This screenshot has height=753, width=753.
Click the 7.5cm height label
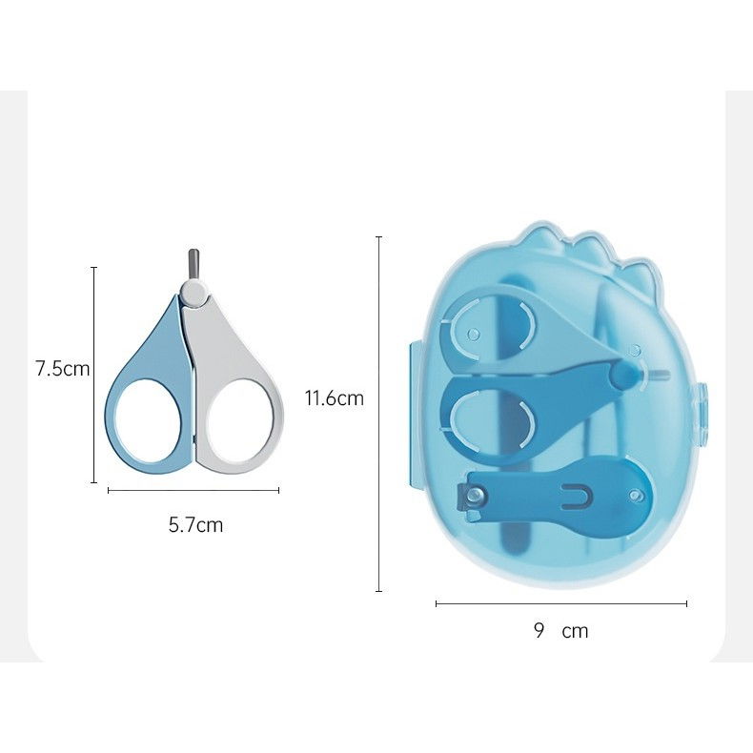point(62,369)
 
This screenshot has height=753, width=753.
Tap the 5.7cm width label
point(195,524)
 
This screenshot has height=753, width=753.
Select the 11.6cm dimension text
point(334,398)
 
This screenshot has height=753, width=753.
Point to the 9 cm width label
point(560,630)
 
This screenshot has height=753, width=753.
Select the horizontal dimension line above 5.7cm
point(193,491)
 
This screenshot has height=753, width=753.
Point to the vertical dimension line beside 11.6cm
point(379,414)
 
